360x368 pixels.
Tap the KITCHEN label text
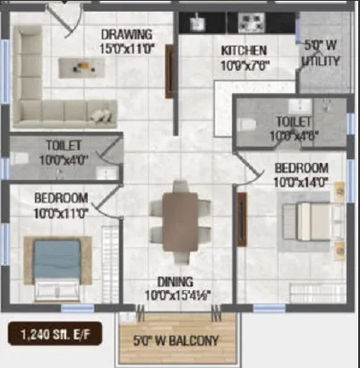244,51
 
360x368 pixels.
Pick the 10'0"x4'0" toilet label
64,153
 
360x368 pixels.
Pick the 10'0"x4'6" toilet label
294,127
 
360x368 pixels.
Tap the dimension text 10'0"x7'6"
244,64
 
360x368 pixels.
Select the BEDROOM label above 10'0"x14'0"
300,168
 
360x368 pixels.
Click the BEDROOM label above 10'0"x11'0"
61,197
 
